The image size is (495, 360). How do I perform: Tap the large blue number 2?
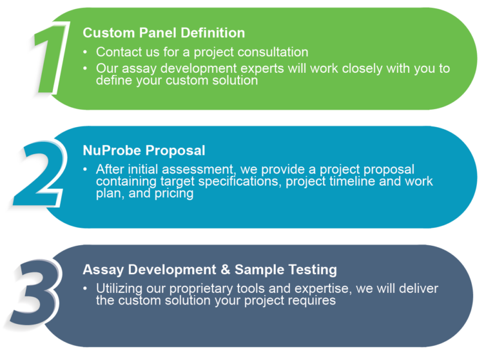[x=39, y=173]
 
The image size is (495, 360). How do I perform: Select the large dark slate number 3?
[x=35, y=292]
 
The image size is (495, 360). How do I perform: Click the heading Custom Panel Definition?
[x=164, y=33]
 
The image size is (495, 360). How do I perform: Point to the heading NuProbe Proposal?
[x=144, y=150]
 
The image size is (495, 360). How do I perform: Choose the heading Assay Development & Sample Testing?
[x=210, y=270]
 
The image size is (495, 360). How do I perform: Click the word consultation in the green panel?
[x=273, y=52]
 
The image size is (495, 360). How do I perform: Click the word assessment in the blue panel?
[x=198, y=170]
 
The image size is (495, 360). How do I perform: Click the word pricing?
[x=174, y=194]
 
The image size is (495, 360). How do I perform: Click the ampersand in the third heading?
[x=226, y=270]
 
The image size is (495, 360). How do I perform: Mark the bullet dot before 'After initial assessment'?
[x=85, y=170]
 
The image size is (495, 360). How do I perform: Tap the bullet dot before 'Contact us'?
[x=85, y=52]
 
